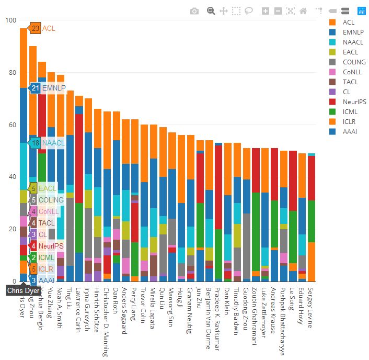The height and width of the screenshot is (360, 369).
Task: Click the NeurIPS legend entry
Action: click(353, 102)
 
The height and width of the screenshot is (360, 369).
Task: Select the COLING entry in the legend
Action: click(354, 62)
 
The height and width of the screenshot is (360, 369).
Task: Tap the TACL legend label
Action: click(350, 82)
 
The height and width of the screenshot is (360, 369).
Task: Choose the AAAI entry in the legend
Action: click(349, 132)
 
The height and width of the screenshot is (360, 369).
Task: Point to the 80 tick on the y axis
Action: click(10, 73)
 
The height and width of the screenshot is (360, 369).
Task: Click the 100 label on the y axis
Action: click(10, 20)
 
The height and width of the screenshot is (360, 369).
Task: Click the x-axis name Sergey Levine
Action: click(311, 308)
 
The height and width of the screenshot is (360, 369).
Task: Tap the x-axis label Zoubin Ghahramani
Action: click(256, 313)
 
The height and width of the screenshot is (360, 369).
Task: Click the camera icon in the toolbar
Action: click(194, 11)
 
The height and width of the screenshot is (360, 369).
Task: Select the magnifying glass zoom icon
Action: click(211, 11)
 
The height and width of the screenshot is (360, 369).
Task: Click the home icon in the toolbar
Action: click(303, 11)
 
